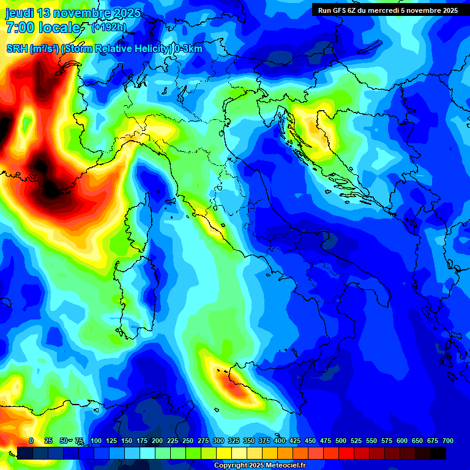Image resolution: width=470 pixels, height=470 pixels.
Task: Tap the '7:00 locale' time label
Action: coord(43,28)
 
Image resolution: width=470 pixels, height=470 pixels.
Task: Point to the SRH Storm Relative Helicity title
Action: coord(104,49)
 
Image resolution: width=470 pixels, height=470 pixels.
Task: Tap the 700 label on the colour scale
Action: coord(447,441)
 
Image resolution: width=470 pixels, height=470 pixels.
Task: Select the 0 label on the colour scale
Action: coord(31,441)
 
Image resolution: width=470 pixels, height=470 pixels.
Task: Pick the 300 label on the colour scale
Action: coord(218,441)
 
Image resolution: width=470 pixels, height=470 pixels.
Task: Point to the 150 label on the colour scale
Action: coord(127,441)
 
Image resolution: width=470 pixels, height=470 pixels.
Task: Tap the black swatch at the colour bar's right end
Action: coord(438,453)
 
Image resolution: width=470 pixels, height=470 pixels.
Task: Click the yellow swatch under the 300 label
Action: coord(224,453)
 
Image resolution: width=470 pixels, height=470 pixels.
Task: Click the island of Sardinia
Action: coord(132,294)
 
